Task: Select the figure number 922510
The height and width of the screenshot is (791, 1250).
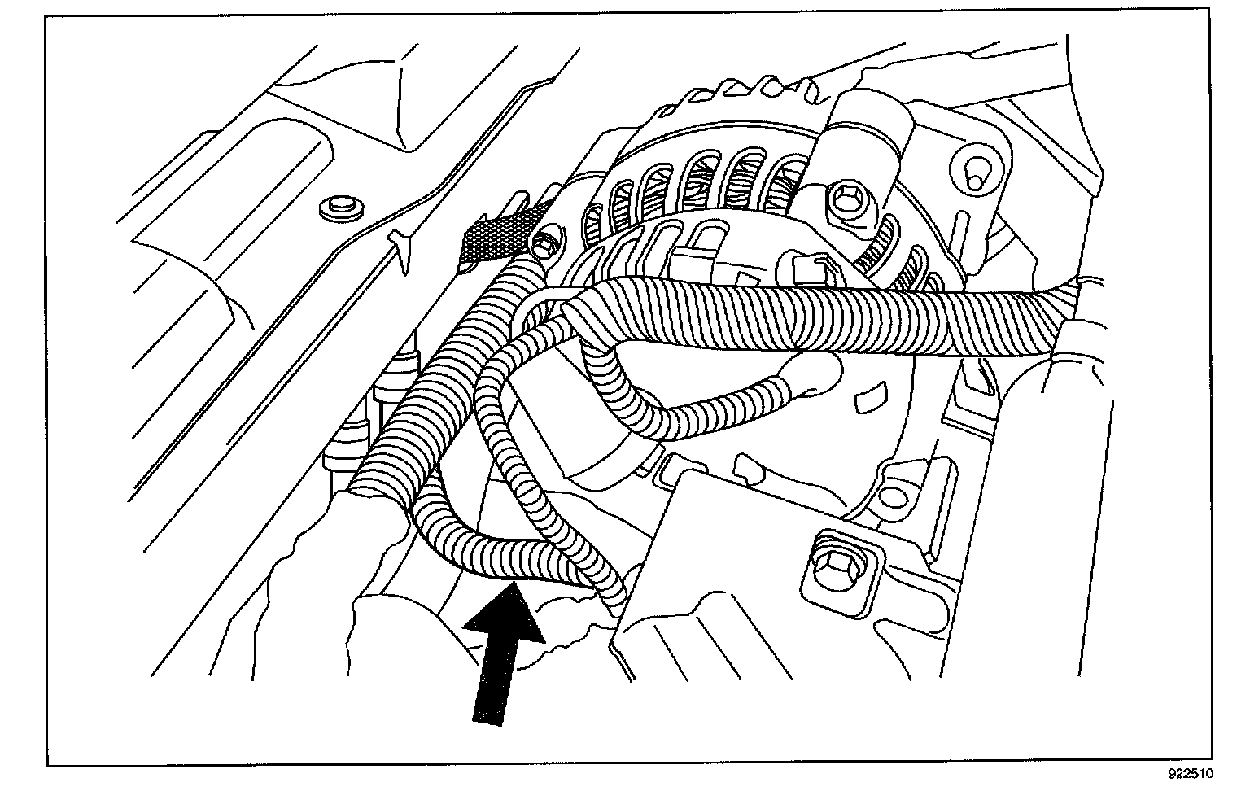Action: click(x=1213, y=772)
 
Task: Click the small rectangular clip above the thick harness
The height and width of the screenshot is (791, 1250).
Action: click(x=690, y=264)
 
